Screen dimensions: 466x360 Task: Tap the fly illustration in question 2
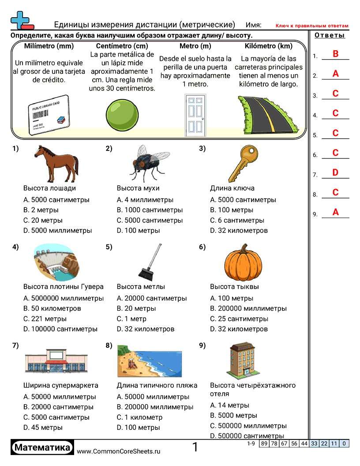146,163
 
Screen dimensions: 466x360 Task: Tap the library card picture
49,114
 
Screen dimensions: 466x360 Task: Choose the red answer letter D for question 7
335,173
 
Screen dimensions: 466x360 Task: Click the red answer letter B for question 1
335,54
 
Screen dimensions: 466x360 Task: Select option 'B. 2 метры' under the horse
41,210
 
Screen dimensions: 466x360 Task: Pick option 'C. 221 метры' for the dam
45,319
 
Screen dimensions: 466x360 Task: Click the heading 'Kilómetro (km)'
268,46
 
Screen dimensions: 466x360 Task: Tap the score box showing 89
264,443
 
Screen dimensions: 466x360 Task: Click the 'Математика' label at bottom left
42,447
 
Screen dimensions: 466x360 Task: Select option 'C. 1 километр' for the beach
139,417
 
